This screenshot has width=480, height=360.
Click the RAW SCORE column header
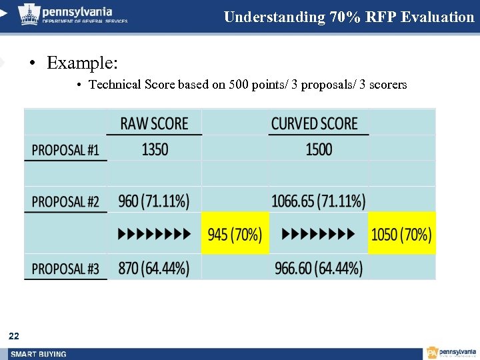154,123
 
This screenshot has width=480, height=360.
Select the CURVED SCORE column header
314,123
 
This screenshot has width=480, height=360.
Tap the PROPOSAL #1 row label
65,149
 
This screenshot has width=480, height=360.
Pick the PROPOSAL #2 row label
65,201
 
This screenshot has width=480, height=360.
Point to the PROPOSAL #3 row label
65,269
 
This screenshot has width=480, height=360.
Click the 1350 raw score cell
155,149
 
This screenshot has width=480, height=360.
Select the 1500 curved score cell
319,149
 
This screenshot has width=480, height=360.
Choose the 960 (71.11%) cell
154,200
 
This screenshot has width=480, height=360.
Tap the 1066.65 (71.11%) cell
318,200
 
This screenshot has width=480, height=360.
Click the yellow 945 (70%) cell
235,234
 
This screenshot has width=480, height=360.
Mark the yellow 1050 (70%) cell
401,234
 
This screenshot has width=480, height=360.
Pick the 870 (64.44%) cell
154,269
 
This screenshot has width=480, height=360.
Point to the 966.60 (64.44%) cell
319,269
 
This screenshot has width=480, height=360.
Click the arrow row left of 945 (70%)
155,234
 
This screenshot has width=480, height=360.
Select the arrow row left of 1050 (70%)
318,234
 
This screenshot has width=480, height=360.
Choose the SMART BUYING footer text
38,354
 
